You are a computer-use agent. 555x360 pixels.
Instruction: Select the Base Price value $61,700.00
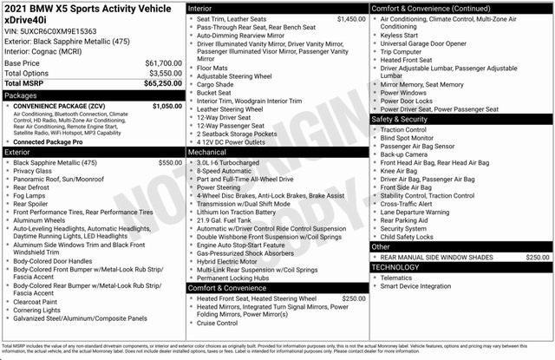click(163, 63)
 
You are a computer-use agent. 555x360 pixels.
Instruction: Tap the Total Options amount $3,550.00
click(163, 74)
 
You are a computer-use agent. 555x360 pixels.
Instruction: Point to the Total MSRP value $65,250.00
click(161, 84)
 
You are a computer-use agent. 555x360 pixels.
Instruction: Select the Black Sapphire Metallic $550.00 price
click(170, 162)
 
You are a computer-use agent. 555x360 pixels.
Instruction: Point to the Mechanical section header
click(208, 151)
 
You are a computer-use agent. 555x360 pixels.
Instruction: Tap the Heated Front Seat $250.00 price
click(354, 298)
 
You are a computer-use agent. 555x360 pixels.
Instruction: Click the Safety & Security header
click(405, 119)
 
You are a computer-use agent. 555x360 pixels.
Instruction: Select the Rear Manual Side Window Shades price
click(537, 257)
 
